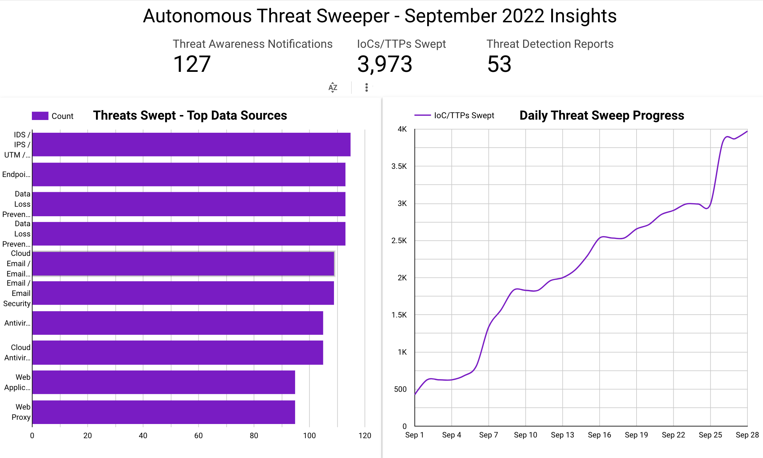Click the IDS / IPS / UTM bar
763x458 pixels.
pos(191,144)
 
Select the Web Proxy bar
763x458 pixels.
pos(164,412)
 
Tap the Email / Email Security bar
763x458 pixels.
pos(183,293)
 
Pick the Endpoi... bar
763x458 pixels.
pos(188,174)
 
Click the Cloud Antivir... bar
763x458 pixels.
pos(177,353)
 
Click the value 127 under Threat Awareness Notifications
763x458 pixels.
pos(192,64)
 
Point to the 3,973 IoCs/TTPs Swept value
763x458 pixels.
pos(385,64)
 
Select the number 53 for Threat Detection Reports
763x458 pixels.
pos(499,64)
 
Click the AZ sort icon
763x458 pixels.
pos(333,87)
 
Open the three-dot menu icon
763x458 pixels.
pos(367,87)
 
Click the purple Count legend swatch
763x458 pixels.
pos(40,116)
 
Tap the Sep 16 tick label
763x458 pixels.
pos(599,435)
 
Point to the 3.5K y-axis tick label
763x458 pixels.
pos(399,166)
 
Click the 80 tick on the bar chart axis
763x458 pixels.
pos(254,436)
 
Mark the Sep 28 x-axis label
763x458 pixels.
pos(747,435)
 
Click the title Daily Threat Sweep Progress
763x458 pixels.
pos(601,115)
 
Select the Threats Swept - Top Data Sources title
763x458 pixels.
pos(190,115)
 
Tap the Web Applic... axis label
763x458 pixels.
pos(17,382)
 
